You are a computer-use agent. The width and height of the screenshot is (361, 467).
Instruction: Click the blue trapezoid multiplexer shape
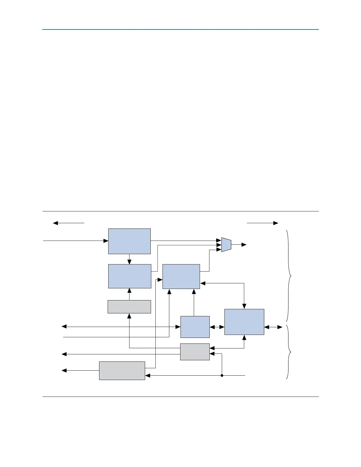226,245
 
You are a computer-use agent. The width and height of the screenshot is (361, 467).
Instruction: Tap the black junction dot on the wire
222,376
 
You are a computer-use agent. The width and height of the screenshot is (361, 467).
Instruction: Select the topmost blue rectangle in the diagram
129,241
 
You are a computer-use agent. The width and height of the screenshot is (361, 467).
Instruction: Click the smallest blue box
195,327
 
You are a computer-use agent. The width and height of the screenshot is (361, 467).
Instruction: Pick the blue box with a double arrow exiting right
244,322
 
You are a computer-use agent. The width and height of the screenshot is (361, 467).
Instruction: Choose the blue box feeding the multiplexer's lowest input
181,277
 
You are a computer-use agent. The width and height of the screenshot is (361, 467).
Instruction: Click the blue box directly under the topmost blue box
129,276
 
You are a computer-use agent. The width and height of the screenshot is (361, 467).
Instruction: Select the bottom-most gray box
122,371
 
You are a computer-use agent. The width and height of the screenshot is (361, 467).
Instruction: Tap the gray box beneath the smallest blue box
195,352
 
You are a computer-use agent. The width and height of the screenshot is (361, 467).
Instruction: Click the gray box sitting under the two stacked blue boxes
129,307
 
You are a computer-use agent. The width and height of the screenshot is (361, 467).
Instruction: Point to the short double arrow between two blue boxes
217,327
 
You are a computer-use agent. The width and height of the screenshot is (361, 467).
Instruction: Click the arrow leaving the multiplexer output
239,245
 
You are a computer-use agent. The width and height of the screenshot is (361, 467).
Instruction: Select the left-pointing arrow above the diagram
68,223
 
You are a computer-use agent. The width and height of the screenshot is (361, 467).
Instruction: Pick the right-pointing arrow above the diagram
262,223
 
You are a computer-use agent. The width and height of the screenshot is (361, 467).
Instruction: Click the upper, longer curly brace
289,276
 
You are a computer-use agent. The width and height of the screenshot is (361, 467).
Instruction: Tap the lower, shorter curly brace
289,352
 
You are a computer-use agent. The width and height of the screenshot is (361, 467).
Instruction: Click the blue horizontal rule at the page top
180,29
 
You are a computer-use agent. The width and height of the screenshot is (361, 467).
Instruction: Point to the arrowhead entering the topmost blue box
106,241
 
